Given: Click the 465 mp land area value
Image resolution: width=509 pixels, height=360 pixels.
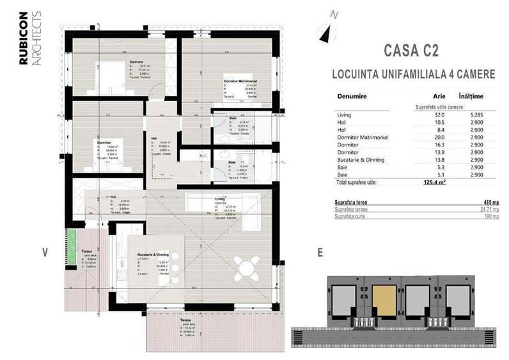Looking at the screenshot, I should pyautogui.click(x=491, y=201).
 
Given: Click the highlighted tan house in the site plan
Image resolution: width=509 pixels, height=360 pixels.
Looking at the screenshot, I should pyautogui.click(x=384, y=297).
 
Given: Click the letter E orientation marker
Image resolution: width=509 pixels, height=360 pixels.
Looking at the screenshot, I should pyautogui.click(x=319, y=252).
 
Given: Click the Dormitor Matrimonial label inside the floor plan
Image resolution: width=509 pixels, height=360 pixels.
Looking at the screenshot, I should pyautogui.click(x=240, y=81).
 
